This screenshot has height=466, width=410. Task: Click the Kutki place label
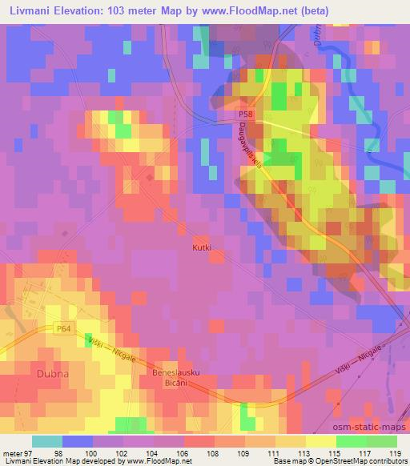click(202, 248)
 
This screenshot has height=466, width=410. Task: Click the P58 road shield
click(244, 117)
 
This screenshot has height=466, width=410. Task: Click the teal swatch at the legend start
click(48, 441)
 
